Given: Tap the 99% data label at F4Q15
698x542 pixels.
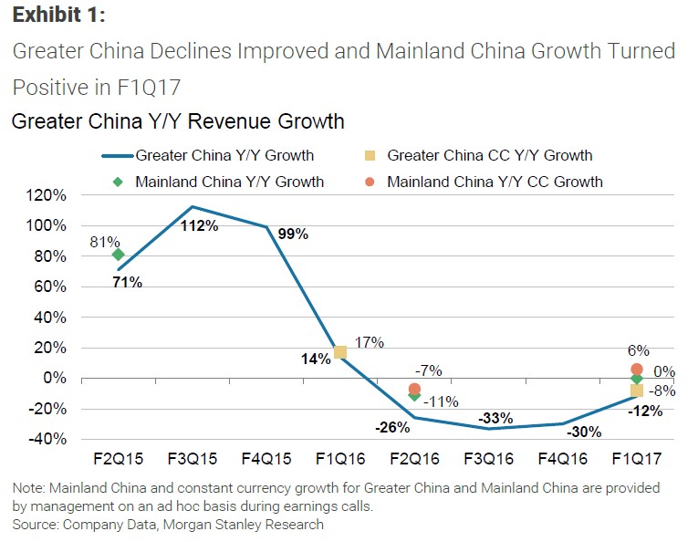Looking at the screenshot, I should click(294, 234).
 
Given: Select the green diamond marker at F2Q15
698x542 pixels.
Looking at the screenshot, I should click(118, 255).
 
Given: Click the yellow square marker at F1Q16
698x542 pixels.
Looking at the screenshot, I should click(339, 352).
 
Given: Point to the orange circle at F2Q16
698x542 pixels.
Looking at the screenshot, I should click(415, 389).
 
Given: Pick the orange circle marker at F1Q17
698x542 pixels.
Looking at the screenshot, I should click(637, 370).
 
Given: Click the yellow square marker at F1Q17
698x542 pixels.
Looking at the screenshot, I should click(636, 391).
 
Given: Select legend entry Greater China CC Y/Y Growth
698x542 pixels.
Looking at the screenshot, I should click(489, 155).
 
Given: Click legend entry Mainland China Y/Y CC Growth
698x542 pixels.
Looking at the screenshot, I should click(495, 182).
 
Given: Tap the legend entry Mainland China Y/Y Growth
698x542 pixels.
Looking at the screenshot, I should click(229, 182).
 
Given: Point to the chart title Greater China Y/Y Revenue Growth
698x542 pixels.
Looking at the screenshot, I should click(178, 121).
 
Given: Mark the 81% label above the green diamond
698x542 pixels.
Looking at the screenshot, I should click(105, 243).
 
